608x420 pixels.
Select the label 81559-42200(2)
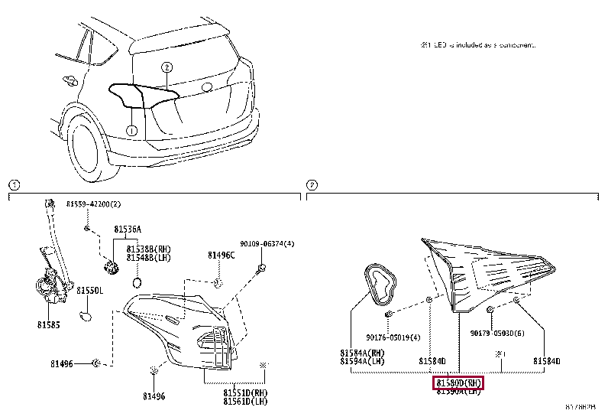(x=93, y=204)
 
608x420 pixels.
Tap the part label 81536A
(x=128, y=229)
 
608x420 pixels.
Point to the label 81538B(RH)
(x=149, y=248)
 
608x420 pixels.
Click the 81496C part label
(x=222, y=255)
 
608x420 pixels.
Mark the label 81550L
(x=89, y=291)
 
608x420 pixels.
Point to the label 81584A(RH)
(x=363, y=353)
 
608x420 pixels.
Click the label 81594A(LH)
(x=363, y=361)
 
